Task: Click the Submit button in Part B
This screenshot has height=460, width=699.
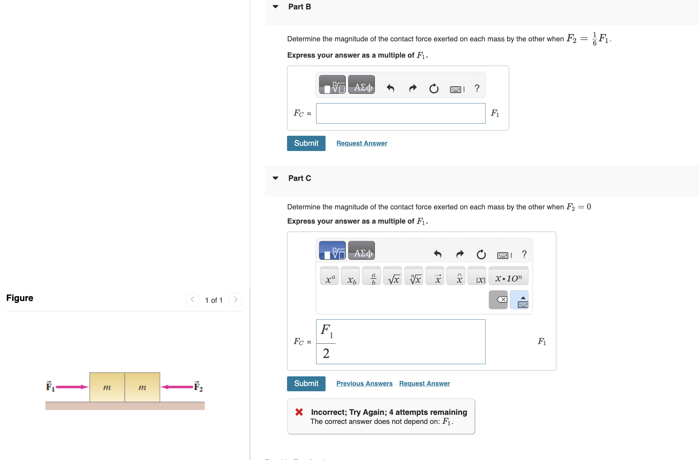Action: click(x=306, y=143)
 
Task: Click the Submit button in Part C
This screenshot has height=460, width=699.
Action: click(x=306, y=384)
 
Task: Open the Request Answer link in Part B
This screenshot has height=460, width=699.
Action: click(x=362, y=143)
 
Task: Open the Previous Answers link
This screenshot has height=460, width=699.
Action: click(x=364, y=384)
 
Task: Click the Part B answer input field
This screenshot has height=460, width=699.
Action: click(x=401, y=114)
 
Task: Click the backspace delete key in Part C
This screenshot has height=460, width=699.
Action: click(x=498, y=300)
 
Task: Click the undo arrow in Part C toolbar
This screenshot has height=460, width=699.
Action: click(x=437, y=254)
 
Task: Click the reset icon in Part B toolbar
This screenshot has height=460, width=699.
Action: click(x=434, y=89)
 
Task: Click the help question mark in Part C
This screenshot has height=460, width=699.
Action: click(x=524, y=254)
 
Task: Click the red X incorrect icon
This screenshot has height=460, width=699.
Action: click(x=299, y=412)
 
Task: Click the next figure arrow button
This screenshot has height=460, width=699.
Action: click(x=235, y=299)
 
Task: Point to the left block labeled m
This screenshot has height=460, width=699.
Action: click(x=107, y=387)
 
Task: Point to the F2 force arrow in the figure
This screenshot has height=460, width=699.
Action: click(x=177, y=387)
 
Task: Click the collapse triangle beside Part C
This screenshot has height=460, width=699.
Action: click(x=276, y=178)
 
